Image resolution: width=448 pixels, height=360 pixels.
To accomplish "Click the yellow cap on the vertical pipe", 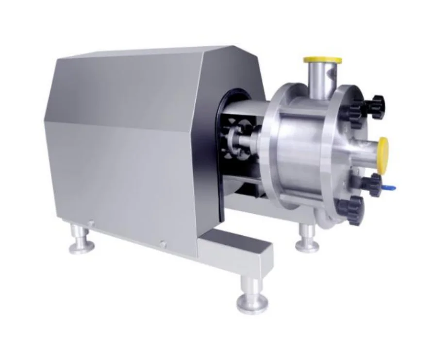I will point(322,60).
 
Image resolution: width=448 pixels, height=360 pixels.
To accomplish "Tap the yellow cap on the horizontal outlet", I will point(383,149).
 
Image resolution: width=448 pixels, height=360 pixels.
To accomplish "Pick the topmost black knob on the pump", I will point(375,103).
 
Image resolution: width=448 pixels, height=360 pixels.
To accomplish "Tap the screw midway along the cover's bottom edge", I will point(163,244).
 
